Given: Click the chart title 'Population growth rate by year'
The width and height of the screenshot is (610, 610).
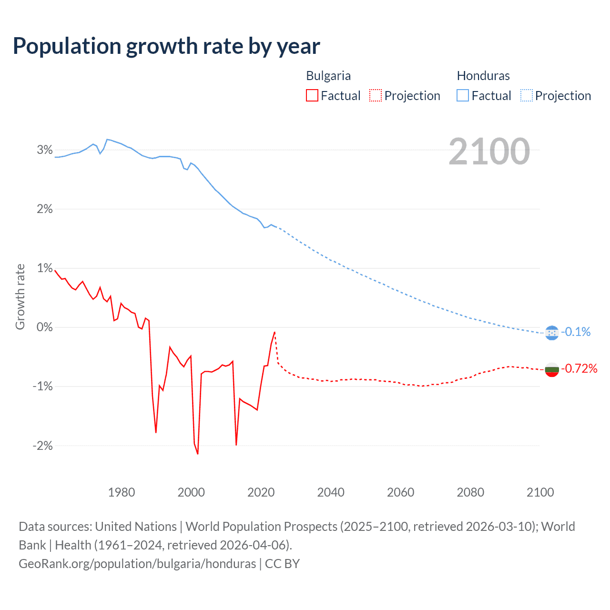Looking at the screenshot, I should point(166,46).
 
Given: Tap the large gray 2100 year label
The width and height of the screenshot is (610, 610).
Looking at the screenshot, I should point(489,152).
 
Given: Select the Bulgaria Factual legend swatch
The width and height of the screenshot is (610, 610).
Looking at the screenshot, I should point(312,96).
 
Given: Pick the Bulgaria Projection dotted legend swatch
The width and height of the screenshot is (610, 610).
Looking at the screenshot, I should point(376,96).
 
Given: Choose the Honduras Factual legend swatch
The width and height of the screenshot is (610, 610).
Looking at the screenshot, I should point(463,96).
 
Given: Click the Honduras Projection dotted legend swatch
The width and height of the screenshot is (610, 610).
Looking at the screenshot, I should point(527,96).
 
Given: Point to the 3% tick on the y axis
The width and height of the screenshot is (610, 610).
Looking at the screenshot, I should point(45,150).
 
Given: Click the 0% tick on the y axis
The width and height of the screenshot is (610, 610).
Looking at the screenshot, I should point(45,327).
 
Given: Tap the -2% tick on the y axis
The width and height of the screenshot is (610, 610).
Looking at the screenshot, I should point(43,446).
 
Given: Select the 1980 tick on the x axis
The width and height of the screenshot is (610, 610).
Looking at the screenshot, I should point(122,492).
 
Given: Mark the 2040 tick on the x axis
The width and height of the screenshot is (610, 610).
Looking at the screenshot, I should point(331,492).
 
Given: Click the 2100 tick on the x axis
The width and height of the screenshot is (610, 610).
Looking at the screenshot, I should point(540,492).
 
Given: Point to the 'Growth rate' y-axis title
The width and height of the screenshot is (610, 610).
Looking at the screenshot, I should point(20,296).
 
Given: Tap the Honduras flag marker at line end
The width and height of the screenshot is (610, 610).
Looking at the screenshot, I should point(551,333).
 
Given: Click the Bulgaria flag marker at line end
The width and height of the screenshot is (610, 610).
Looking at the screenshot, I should point(551,369).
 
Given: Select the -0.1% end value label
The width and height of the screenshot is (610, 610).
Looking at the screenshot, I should point(576,332).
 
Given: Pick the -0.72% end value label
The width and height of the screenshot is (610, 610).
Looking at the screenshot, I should point(579,368).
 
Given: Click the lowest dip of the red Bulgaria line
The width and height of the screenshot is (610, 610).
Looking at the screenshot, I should point(198,454).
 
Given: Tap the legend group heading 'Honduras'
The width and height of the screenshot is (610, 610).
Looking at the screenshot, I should point(483,76).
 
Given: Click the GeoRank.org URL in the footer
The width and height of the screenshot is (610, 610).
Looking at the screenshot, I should point(137,564).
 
